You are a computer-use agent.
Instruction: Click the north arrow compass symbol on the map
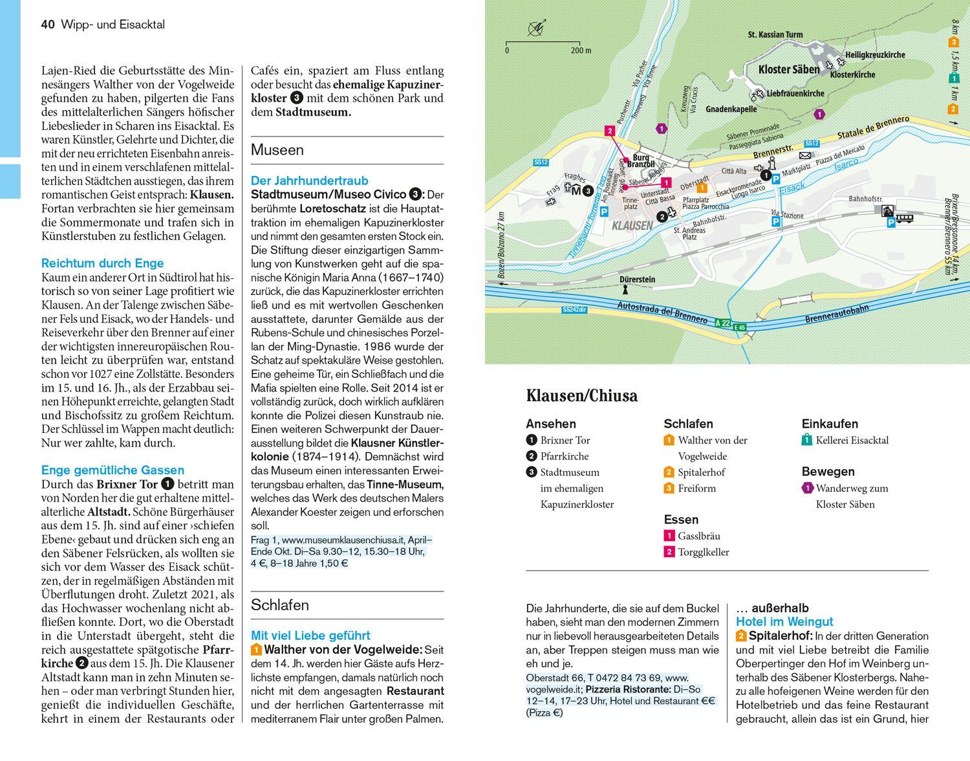click(536, 28)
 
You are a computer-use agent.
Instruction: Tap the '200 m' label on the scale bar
click(581, 50)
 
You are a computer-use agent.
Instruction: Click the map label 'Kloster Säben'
click(788, 69)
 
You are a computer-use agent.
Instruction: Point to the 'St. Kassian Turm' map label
click(775, 34)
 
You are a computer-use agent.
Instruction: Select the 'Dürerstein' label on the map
click(637, 280)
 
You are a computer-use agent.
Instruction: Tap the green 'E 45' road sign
click(740, 327)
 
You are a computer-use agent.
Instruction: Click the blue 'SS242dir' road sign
click(574, 310)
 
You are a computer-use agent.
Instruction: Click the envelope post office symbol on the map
click(804, 156)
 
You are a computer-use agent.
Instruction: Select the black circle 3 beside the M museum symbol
click(587, 191)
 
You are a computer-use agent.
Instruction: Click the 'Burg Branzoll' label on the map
click(640, 160)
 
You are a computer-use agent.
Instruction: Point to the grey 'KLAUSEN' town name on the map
click(632, 226)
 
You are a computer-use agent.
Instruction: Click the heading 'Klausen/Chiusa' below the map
click(581, 395)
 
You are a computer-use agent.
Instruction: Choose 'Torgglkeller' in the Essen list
click(703, 552)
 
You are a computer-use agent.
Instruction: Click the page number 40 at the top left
click(47, 25)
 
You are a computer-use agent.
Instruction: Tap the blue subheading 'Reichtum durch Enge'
click(102, 263)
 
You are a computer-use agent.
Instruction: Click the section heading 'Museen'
click(277, 150)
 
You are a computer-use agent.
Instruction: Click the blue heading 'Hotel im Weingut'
click(784, 622)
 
